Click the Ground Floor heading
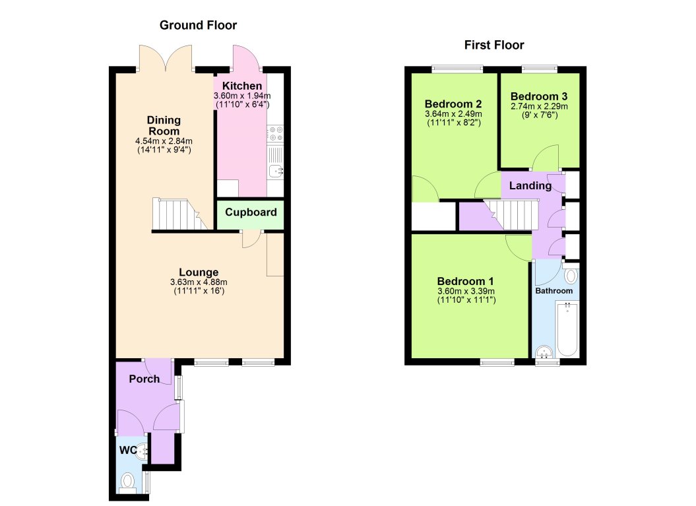[198, 26]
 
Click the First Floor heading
[494, 45]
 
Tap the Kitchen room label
[241, 86]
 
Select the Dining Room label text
[164, 125]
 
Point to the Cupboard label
[251, 212]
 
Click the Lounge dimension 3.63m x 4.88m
[199, 282]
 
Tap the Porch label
[144, 379]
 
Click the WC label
[128, 451]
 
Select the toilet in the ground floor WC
[128, 481]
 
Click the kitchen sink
[276, 172]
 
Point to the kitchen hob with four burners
[275, 135]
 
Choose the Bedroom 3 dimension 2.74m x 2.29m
[539, 106]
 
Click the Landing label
[530, 186]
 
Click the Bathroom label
[554, 290]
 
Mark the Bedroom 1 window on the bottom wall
[497, 362]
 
